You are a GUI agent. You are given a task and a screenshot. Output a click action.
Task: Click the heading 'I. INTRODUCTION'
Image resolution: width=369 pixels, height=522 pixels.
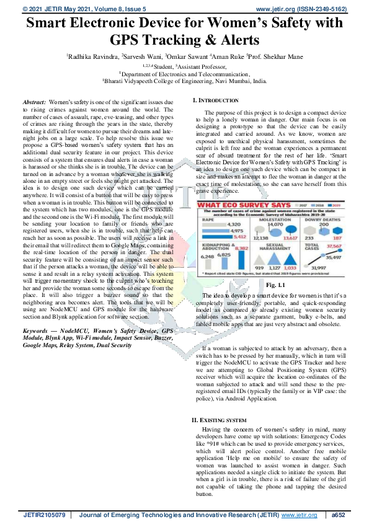[x=216, y=100]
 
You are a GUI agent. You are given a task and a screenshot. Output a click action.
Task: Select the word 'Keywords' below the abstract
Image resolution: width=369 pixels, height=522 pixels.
[x=37, y=332]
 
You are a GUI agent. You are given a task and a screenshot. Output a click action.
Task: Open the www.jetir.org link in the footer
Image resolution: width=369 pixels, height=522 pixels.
[x=295, y=515]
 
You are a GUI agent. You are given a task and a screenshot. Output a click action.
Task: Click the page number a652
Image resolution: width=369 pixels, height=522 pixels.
[x=339, y=515]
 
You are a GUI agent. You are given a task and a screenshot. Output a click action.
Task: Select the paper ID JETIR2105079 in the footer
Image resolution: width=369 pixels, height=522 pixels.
[x=44, y=515]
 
